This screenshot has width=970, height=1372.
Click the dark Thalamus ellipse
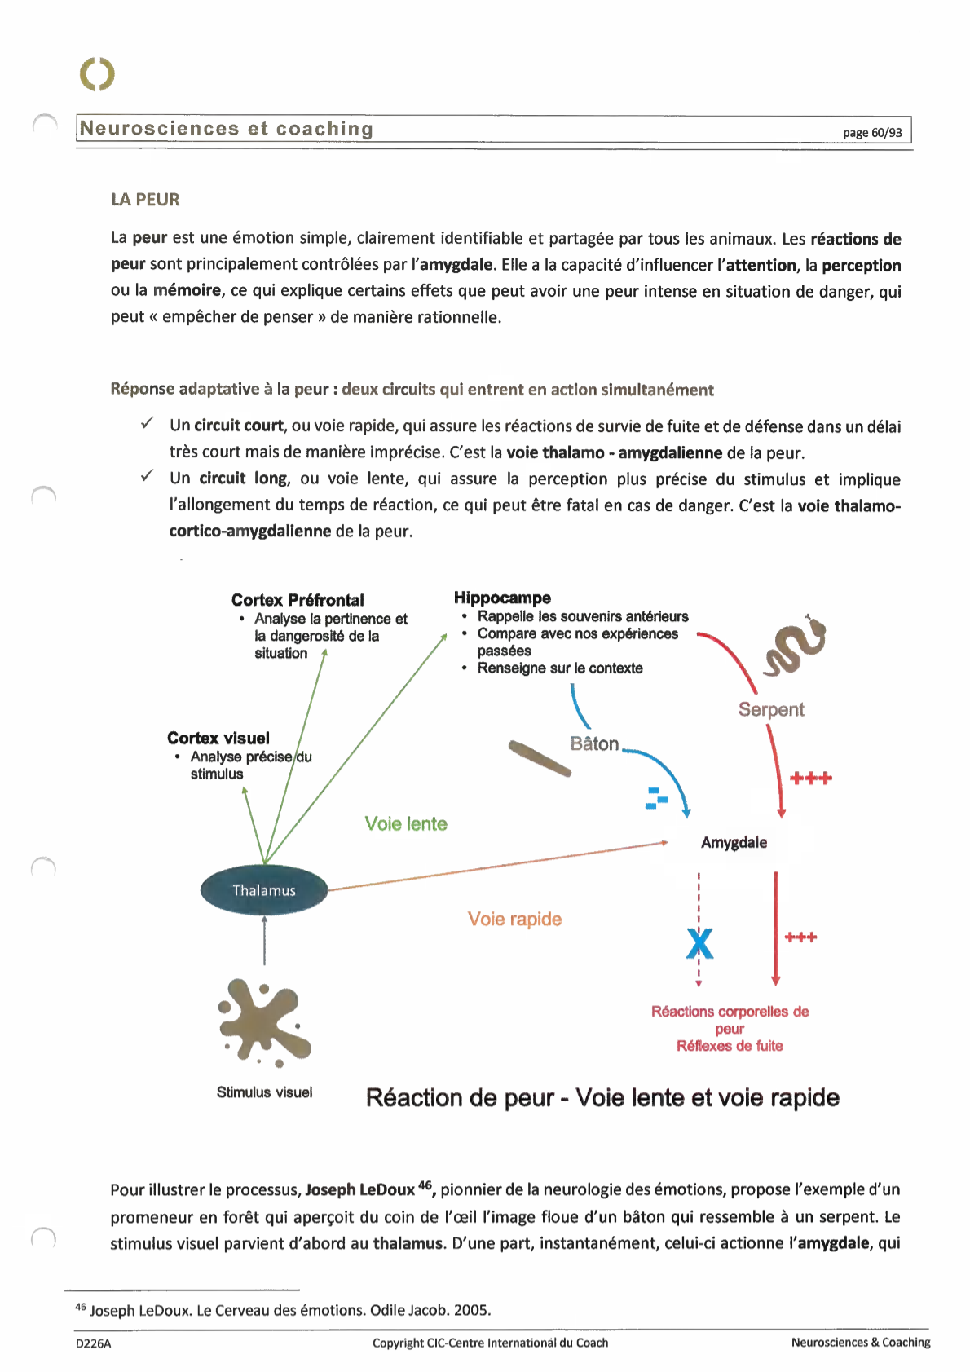(x=264, y=890)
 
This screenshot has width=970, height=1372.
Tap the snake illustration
(x=794, y=647)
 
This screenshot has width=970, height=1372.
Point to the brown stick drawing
(x=540, y=758)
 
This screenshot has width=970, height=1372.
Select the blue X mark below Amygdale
(x=699, y=944)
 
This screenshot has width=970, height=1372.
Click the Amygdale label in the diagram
(x=734, y=842)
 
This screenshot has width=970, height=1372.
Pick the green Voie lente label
(x=406, y=823)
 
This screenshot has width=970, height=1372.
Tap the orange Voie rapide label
(x=514, y=919)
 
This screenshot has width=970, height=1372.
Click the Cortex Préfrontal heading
(x=298, y=600)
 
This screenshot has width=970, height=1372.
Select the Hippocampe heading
(x=502, y=598)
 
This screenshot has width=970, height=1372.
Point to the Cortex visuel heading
(x=218, y=738)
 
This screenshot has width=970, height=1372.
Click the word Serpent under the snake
(x=771, y=709)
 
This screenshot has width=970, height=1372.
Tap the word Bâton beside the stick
(x=595, y=743)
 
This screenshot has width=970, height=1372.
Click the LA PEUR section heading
(x=145, y=200)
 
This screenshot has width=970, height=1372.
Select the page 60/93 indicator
(x=872, y=133)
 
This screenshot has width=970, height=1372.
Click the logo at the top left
(x=98, y=74)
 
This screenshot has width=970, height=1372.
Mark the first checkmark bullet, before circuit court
(x=147, y=423)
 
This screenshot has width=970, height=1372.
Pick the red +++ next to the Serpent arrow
(x=811, y=779)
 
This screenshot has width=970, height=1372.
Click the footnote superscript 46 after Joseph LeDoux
(x=425, y=1185)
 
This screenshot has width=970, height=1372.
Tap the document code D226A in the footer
(x=93, y=1343)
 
